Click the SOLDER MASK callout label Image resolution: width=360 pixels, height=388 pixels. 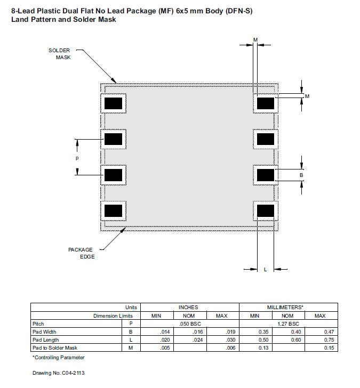click(59, 54)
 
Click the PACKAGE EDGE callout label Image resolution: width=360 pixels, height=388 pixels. click(81, 253)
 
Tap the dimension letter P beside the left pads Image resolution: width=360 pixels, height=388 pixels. click(77, 159)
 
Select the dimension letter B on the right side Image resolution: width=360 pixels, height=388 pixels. click(301, 175)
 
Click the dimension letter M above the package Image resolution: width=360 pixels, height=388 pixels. click(255, 40)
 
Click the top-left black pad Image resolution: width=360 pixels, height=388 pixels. click(113, 103)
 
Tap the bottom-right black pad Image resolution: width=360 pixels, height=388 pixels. click(265, 211)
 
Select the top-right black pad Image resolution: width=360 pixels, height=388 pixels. click(265, 103)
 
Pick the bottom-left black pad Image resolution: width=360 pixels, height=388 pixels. click(113, 211)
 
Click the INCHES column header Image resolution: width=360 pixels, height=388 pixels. click(188, 307)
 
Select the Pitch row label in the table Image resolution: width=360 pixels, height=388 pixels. click(39, 324)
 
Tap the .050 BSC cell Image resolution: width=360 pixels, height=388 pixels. click(188, 324)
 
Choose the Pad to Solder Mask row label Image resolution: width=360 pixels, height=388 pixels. click(52, 347)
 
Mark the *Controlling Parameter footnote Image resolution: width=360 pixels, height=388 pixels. click(58, 357)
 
